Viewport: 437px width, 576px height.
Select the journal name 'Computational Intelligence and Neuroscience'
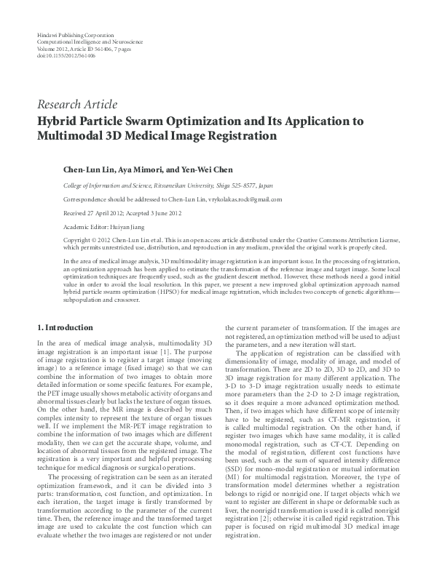[x=91, y=43]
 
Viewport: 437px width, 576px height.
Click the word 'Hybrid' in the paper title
[x=60, y=121]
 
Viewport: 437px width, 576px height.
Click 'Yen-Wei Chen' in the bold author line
[x=206, y=169]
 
